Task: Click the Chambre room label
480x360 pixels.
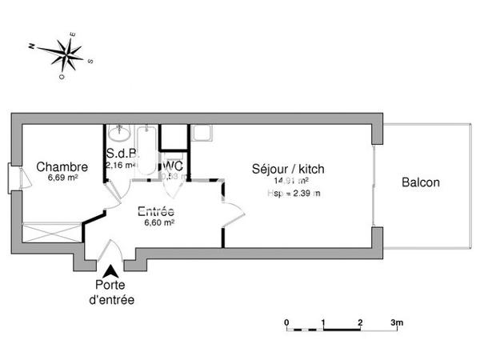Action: pos(61,167)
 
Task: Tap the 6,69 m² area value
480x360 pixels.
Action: pos(62,178)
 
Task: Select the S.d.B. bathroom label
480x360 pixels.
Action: pos(120,154)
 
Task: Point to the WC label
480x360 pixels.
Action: pos(174,166)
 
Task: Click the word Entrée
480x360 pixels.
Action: pos(156,212)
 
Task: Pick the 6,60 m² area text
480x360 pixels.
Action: pos(158,223)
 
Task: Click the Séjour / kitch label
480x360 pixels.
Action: pos(288,169)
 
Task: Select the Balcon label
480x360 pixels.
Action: pos(420,182)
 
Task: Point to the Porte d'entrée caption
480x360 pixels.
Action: pos(110,293)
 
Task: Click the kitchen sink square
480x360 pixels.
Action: pos(202,134)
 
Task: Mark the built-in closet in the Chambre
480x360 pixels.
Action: pos(50,232)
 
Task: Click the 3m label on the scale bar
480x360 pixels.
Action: pos(397,322)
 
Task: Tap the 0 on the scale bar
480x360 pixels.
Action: pos(286,322)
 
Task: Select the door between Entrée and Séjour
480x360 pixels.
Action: pos(232,214)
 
